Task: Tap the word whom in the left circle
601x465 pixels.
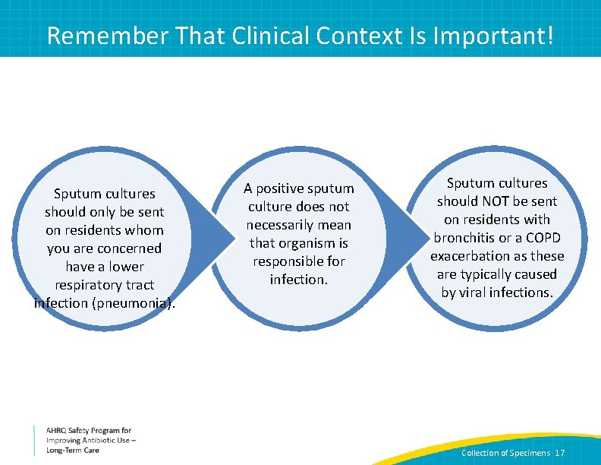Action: (146, 230)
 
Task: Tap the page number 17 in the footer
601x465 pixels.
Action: (560, 453)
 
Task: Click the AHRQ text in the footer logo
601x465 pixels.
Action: (58, 431)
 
